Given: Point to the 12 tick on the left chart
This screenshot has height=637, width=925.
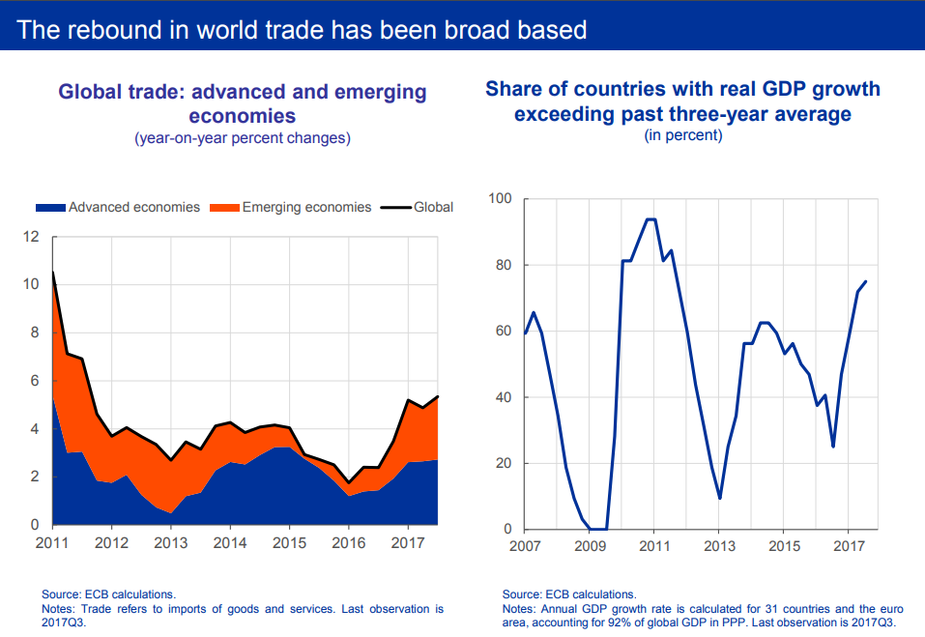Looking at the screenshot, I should pyautogui.click(x=31, y=237).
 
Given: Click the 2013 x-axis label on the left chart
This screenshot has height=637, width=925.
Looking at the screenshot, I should pyautogui.click(x=170, y=541).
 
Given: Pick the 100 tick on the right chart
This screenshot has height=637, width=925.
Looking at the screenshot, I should pyautogui.click(x=500, y=199).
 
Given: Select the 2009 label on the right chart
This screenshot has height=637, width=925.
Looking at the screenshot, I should pyautogui.click(x=589, y=546).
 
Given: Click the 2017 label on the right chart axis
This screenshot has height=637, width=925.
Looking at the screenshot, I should pyautogui.click(x=848, y=546).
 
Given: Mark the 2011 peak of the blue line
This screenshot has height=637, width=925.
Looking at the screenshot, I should pyautogui.click(x=650, y=219).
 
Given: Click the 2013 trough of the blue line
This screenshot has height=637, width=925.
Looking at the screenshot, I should pyautogui.click(x=719, y=498).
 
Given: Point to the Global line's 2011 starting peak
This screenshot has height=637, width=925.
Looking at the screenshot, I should pyautogui.click(x=52, y=272).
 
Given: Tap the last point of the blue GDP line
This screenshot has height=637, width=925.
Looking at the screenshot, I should pyautogui.click(x=865, y=281).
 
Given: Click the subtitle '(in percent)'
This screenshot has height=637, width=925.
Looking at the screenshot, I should pyautogui.click(x=682, y=135).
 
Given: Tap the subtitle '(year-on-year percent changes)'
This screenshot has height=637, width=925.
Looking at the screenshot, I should pyautogui.click(x=242, y=138).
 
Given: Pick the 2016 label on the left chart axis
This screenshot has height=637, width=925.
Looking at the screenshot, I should pyautogui.click(x=348, y=541).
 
